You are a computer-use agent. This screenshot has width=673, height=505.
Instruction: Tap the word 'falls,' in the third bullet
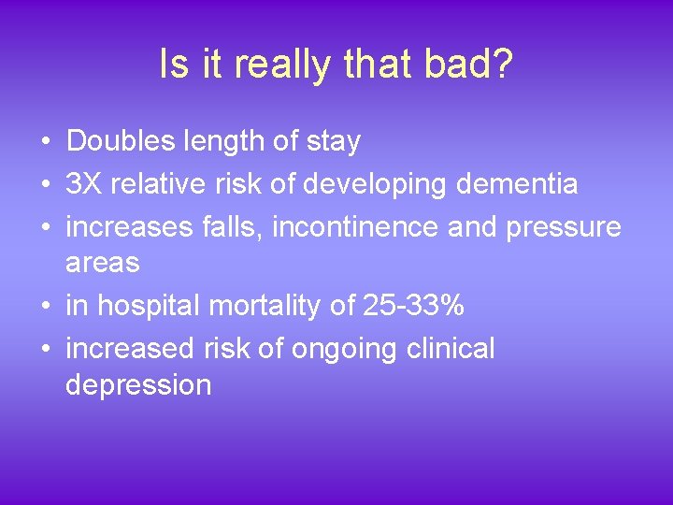[x=245, y=227]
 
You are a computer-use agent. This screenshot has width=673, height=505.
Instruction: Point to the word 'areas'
[x=103, y=263]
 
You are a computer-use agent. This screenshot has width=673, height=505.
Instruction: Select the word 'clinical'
[x=451, y=349]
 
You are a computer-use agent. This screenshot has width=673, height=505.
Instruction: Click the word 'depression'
[x=138, y=384]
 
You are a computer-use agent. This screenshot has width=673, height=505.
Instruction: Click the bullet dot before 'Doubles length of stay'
[x=45, y=142]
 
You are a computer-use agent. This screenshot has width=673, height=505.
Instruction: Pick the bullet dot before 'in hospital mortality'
[x=45, y=307]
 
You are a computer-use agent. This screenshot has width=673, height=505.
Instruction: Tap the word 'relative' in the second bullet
[x=156, y=184]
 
